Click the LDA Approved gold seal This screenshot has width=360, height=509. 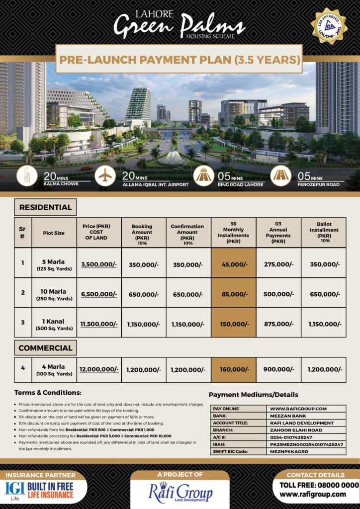point(329,25)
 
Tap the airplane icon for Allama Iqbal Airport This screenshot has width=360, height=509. point(105,176)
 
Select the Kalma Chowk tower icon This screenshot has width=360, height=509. point(26,176)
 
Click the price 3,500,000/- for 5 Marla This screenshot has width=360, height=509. point(99,264)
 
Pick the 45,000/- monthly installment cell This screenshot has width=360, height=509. point(233,264)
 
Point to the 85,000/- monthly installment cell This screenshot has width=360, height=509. point(233,294)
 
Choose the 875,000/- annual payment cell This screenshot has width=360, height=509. point(278,324)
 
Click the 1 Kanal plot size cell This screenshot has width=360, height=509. point(54,324)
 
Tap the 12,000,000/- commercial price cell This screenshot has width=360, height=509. point(99,369)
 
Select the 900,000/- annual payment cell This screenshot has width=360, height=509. point(278,369)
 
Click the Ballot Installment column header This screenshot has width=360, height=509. point(324,232)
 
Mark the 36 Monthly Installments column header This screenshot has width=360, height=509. point(233,232)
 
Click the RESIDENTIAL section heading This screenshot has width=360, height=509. point(45,207)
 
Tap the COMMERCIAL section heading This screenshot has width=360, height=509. point(46,348)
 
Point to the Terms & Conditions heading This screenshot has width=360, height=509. point(48,393)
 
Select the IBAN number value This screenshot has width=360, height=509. point(306,444)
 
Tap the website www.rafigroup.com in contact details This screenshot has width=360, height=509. point(312,494)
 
